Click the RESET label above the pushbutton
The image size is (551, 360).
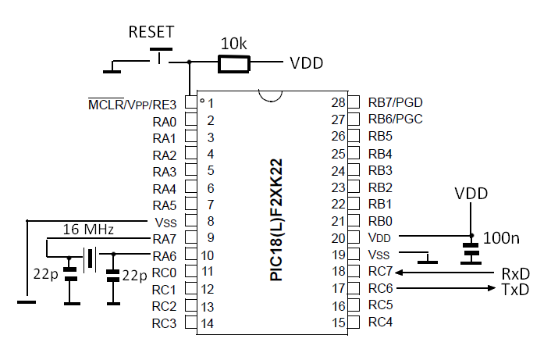[x=151, y=32]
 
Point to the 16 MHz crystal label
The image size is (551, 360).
[x=88, y=230]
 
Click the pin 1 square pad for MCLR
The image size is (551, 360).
[x=190, y=102]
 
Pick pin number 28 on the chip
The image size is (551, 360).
[x=338, y=102]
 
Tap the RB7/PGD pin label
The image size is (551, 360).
[x=395, y=102]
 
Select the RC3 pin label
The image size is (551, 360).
[x=164, y=323]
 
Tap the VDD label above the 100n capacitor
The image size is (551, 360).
[x=471, y=193]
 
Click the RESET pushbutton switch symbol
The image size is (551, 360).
[x=160, y=57]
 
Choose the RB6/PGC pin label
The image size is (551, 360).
[x=395, y=119]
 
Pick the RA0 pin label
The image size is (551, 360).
[x=164, y=122]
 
